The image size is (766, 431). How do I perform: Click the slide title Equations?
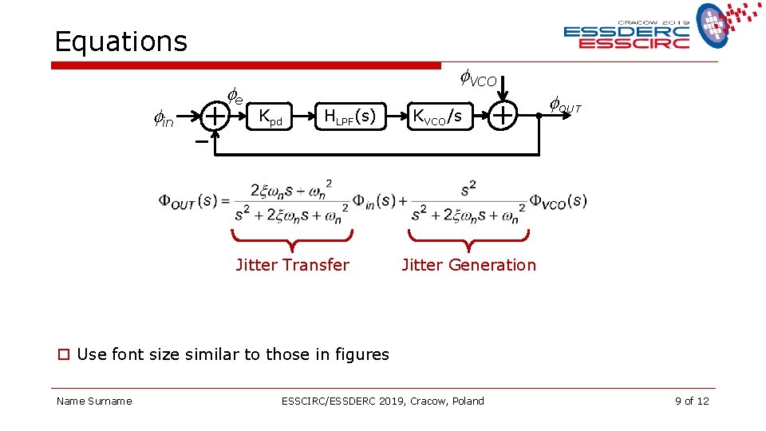tap(120, 42)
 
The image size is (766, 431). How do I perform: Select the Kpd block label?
tap(271, 117)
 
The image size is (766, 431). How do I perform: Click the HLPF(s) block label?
tap(349, 117)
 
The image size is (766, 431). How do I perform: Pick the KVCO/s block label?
tap(436, 117)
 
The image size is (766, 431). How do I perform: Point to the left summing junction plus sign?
tap(215, 117)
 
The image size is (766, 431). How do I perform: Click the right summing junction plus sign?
tap(503, 117)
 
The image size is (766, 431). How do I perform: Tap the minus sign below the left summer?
tap(201, 141)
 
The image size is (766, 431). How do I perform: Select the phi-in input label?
tap(163, 121)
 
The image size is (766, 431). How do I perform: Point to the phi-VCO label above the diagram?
tap(478, 79)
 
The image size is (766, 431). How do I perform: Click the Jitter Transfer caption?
tap(292, 265)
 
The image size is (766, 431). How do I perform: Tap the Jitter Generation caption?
tap(468, 265)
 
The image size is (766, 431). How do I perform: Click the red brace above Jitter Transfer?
tap(292, 239)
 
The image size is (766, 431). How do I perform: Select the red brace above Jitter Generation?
tap(468, 239)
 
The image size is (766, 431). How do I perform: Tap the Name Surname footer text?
tap(94, 401)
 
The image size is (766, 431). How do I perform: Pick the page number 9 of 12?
tap(691, 401)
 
